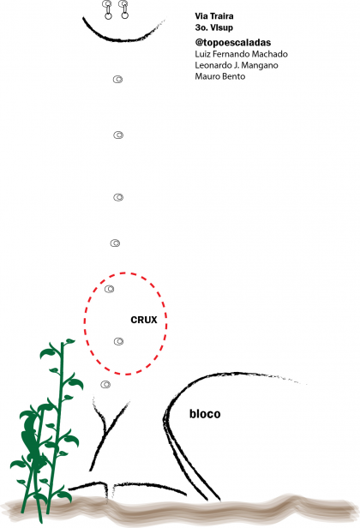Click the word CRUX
tap(144, 320)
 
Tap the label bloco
tap(205, 413)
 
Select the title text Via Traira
tap(214, 15)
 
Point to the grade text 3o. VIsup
tap(213, 27)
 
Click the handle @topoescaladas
tap(232, 43)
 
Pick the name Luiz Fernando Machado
tap(241, 54)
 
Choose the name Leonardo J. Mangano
tap(237, 65)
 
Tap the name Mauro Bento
tap(220, 76)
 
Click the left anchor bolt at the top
tap(108, 9)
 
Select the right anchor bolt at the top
tap(124, 9)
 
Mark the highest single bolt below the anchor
tap(117, 80)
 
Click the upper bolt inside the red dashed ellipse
tap(109, 289)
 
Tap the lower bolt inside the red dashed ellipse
tap(118, 341)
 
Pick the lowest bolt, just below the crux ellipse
tap(105, 384)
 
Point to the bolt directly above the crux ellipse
tap(115, 243)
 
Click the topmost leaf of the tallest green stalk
tap(69, 341)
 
